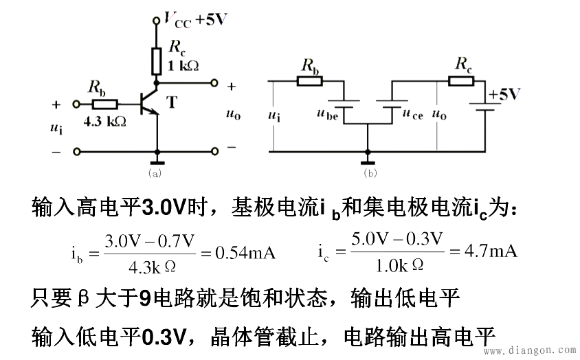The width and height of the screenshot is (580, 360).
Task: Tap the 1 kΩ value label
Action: pyautogui.click(x=183, y=66)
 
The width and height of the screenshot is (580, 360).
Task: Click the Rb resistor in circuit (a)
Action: pyautogui.click(x=104, y=104)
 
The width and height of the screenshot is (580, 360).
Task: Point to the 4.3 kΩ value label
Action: pyautogui.click(x=104, y=121)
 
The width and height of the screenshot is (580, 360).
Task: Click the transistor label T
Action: pyautogui.click(x=171, y=102)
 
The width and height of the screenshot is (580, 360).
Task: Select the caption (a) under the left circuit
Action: pyautogui.click(x=154, y=174)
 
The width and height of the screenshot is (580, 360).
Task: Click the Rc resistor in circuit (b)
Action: pyautogui.click(x=462, y=81)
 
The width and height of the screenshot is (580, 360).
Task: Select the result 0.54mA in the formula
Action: pyautogui.click(x=245, y=253)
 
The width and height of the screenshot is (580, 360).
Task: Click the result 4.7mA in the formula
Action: pyautogui.click(x=491, y=251)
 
